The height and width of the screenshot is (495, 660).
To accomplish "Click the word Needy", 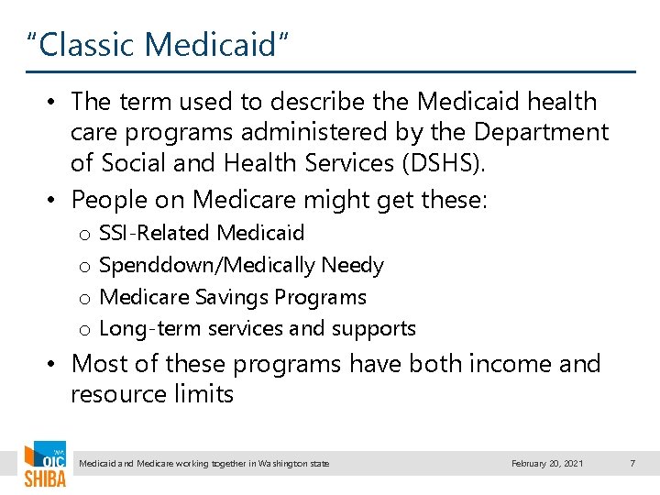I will point(353,266).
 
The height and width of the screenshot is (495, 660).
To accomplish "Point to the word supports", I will point(379,329).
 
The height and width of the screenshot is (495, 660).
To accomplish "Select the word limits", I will point(207,395).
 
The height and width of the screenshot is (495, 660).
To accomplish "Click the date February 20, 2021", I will point(546,464).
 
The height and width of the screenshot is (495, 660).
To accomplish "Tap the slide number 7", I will point(632,464).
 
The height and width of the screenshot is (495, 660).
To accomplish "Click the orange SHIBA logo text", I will point(44,479).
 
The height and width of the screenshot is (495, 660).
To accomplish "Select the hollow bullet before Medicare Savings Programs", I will point(83,298).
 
